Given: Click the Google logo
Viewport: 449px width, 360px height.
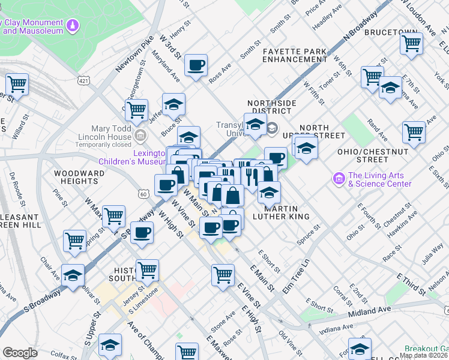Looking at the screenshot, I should click(20, 353).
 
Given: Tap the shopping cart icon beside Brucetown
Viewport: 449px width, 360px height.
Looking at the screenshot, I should click(412, 43).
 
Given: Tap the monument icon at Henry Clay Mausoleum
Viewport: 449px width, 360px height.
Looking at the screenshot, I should click(73, 26).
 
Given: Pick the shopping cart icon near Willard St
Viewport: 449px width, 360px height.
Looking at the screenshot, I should click(17, 84).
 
